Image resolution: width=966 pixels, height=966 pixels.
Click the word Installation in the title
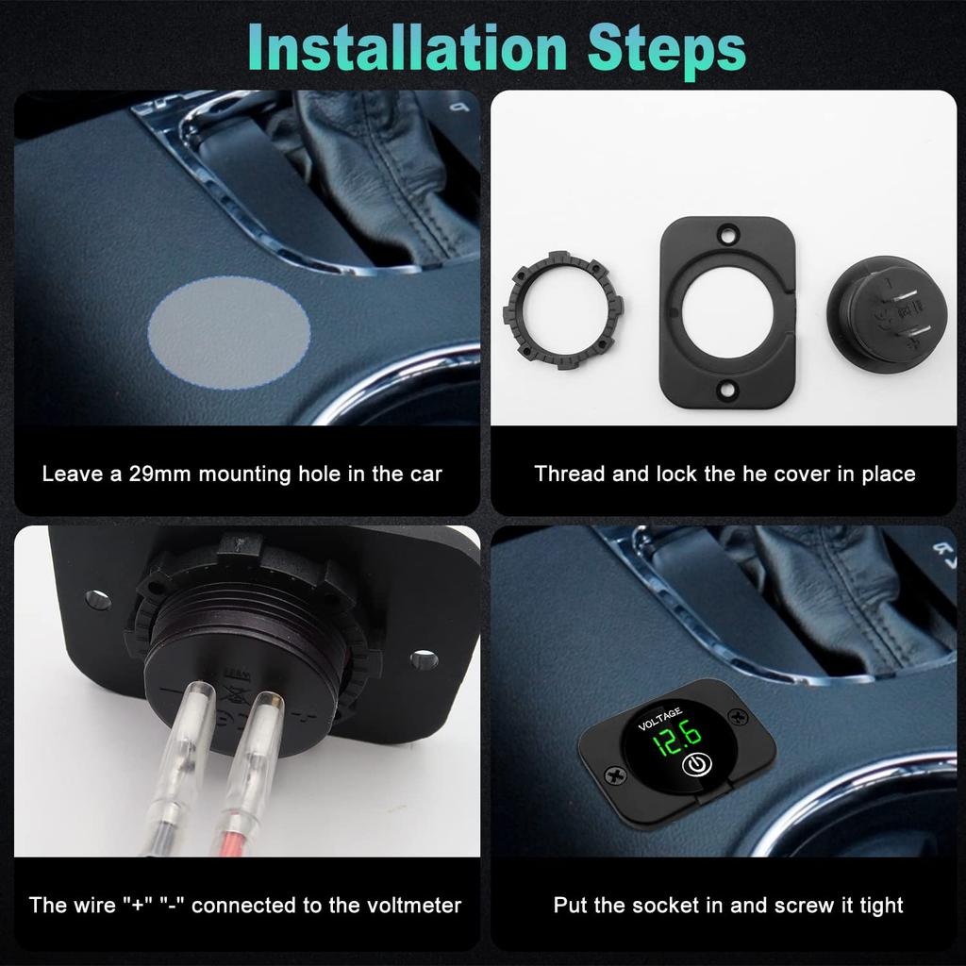tap(408, 48)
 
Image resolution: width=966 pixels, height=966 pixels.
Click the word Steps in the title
tap(667, 49)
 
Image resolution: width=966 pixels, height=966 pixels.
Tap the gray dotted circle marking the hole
tap(228, 332)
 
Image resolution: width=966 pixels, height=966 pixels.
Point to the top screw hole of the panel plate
tap(727, 235)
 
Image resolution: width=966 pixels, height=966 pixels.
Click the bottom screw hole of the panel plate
tap(727, 390)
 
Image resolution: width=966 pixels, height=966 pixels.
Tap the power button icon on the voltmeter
tap(697, 764)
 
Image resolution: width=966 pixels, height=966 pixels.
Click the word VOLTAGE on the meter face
tap(659, 718)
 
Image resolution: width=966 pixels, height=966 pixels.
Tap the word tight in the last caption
tap(881, 906)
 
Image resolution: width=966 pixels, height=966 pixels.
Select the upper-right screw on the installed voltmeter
tap(737, 717)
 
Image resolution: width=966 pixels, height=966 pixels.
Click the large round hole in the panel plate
tap(727, 311)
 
